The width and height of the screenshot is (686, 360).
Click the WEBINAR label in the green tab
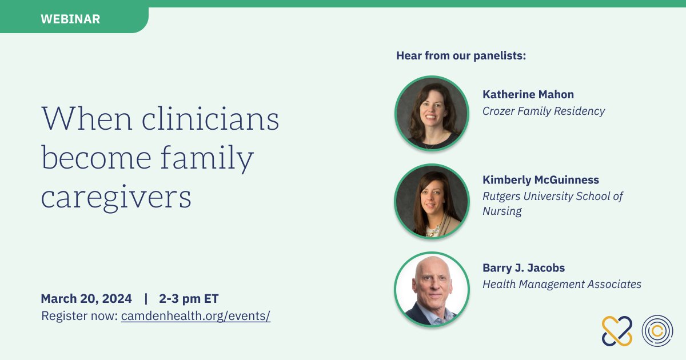tap(70, 19)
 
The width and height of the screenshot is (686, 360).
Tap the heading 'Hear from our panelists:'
tap(461, 56)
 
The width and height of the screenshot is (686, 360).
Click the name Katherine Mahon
tap(528, 94)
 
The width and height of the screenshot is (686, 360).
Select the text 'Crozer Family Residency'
tap(544, 111)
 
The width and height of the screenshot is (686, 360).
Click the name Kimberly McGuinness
tap(541, 179)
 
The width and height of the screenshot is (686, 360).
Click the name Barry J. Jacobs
tap(524, 268)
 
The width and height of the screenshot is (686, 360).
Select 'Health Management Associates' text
tap(561, 285)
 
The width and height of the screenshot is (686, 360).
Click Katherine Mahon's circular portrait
tap(432, 113)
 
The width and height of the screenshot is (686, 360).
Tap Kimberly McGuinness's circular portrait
tap(432, 201)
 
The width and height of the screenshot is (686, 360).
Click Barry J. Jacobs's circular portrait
tap(432, 289)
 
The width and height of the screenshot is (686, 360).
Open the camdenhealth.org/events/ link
tap(196, 316)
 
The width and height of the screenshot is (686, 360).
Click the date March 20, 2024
tap(86, 298)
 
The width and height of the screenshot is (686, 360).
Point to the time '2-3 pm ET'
tap(189, 298)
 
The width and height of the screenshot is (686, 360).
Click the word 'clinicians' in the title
tap(210, 118)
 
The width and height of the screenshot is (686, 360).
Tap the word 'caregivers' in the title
tap(116, 198)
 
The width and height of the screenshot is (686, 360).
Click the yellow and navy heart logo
tap(617, 331)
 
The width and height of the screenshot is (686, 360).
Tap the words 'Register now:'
tap(79, 316)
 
